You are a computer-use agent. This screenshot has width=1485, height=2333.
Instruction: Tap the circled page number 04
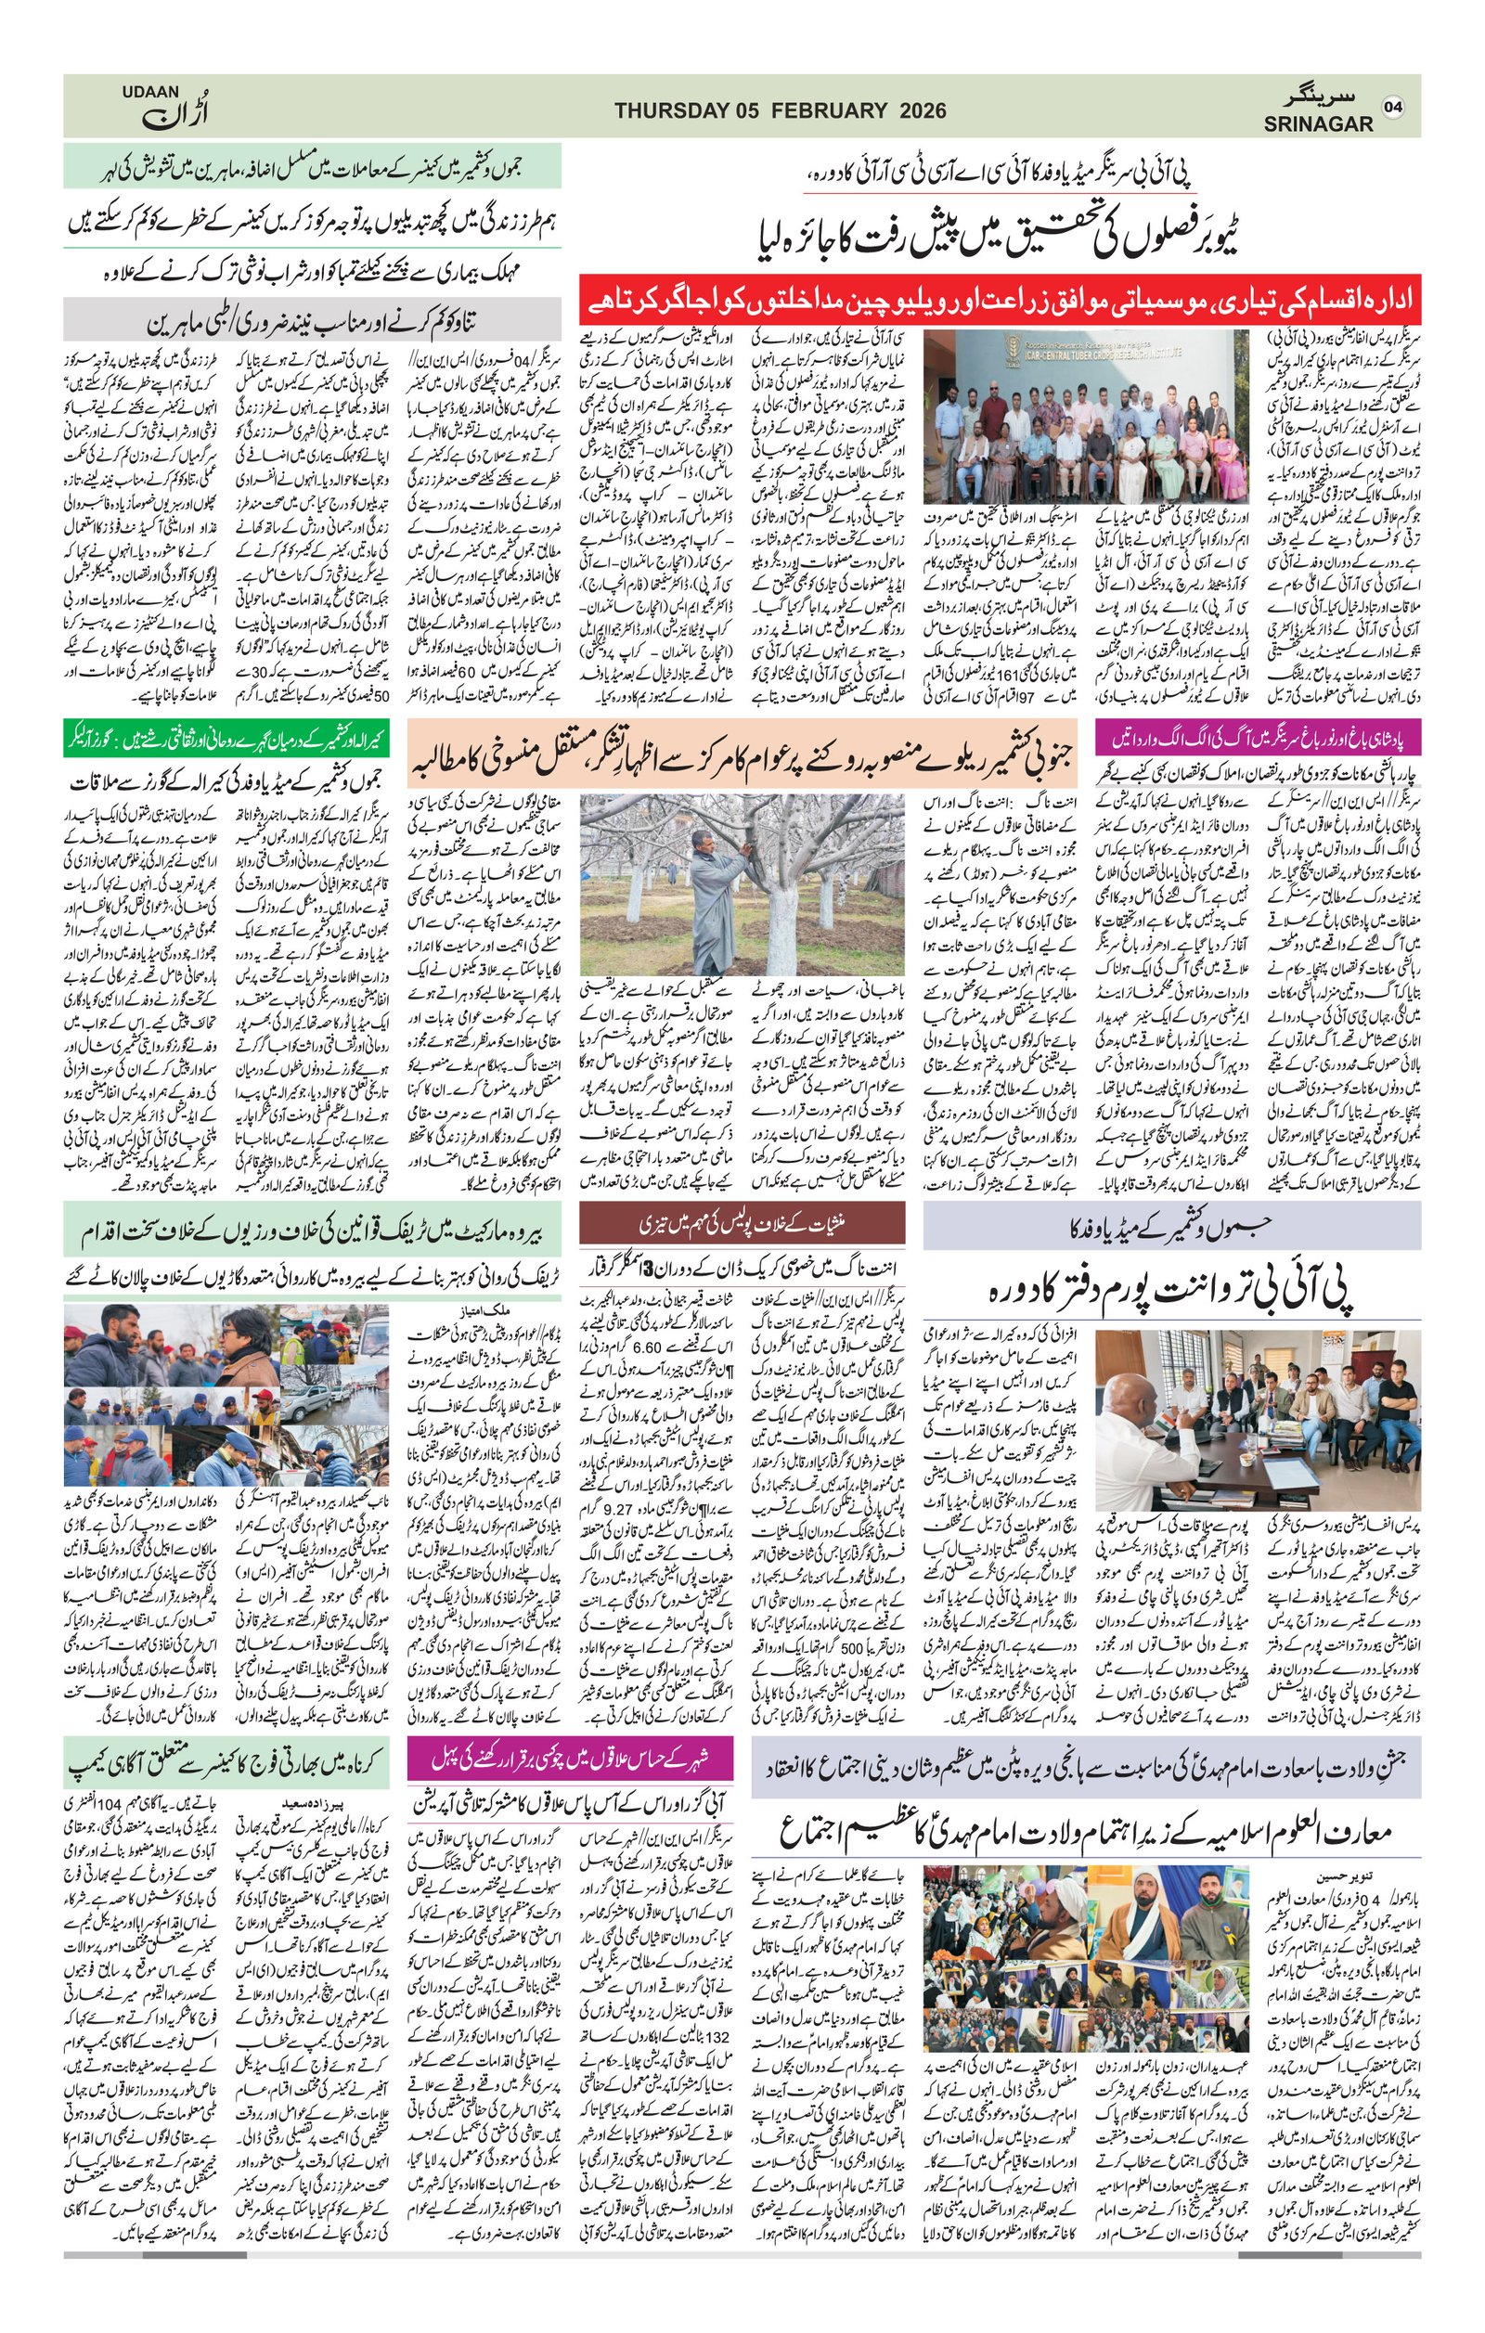click(1395, 107)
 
